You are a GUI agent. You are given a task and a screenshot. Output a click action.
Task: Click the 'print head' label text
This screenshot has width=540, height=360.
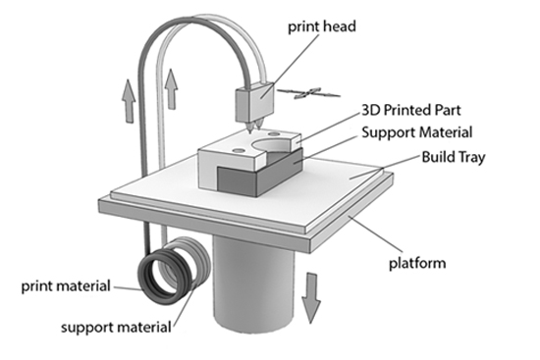click(322, 26)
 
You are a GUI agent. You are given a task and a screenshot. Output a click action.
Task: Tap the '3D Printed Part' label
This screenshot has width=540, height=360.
click(411, 110)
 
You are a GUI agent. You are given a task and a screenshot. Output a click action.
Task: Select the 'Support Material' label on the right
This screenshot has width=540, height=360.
click(417, 132)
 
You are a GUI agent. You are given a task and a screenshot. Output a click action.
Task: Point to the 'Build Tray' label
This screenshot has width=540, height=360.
click(454, 157)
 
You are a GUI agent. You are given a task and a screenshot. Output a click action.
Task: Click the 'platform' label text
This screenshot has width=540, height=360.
click(417, 263)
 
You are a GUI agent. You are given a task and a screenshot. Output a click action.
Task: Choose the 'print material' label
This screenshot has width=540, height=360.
click(66, 286)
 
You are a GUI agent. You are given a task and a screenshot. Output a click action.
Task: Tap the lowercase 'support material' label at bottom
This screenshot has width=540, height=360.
click(116, 327)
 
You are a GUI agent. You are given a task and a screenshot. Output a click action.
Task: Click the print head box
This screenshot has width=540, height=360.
click(255, 102)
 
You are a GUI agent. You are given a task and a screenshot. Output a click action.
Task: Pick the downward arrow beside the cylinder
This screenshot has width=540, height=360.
click(311, 298)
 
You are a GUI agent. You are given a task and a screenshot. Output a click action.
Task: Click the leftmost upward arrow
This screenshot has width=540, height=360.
click(129, 101)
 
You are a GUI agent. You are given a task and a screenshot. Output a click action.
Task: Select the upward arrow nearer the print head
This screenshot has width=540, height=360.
click(171, 89)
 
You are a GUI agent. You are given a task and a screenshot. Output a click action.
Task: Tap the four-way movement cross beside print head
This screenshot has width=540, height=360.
click(309, 93)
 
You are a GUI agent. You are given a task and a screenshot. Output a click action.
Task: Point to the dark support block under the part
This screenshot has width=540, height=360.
click(261, 175)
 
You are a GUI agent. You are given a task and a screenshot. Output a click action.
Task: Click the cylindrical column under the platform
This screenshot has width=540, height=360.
click(254, 283)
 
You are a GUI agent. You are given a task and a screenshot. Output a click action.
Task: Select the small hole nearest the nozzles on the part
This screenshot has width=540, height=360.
click(274, 133)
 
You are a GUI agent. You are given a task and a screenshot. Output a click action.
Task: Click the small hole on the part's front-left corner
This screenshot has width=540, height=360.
click(239, 150)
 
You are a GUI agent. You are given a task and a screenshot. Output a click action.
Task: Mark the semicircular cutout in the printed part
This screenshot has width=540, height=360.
click(272, 145)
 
